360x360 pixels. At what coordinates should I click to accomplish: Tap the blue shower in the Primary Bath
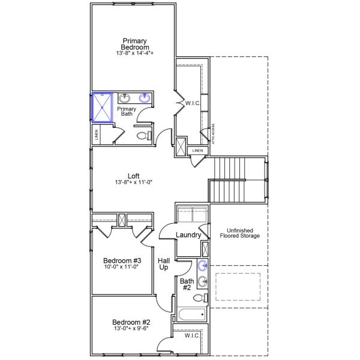[x=101, y=107]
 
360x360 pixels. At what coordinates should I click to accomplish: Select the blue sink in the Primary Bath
[x=145, y=98]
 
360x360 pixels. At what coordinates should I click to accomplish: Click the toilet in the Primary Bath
[x=143, y=136]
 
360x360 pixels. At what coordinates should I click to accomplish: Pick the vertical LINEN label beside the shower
[x=96, y=135]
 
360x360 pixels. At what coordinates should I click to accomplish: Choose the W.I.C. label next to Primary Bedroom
[x=193, y=103]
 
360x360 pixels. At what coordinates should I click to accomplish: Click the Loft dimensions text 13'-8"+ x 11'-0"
[x=134, y=182]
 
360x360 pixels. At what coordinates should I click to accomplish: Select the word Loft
[x=134, y=176]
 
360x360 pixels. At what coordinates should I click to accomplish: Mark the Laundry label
[x=188, y=235]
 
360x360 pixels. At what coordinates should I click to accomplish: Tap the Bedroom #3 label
[x=122, y=260]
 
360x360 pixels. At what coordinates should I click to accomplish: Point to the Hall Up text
[x=164, y=264]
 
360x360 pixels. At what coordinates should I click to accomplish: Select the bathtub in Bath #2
[x=191, y=314]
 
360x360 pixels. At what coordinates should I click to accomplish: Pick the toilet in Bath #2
[x=203, y=297]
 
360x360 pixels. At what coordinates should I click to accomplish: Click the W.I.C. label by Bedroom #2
[x=192, y=336]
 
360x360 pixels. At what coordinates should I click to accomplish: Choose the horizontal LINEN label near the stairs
[x=197, y=150]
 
